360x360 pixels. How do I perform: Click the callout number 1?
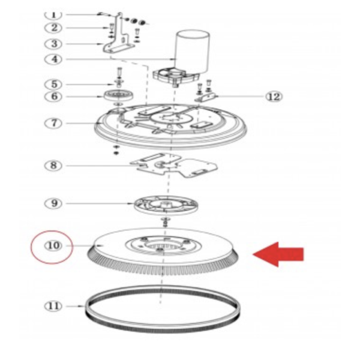point(53,14)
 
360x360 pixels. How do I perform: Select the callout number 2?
point(53,28)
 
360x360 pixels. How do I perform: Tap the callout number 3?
point(53,44)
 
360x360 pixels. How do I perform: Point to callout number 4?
point(53,59)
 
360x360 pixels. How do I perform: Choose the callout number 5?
point(53,84)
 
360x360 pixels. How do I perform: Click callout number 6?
point(53,96)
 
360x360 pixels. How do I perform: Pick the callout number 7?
point(53,123)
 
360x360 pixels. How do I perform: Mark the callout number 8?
point(53,166)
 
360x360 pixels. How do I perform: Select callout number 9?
point(53,203)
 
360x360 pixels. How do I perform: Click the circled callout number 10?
point(53,245)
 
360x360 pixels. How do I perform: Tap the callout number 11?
point(53,306)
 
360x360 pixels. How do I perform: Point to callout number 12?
point(274,97)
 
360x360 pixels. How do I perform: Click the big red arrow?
point(278,254)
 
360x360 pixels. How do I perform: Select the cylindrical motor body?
point(193,52)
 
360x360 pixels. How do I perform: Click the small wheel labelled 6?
point(118,95)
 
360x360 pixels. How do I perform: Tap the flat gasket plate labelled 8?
point(174,166)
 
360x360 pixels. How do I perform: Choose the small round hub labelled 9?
point(166,205)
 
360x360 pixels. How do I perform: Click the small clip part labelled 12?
point(206,97)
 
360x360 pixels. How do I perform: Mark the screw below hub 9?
point(166,222)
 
